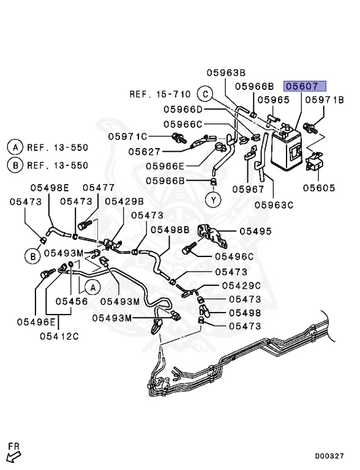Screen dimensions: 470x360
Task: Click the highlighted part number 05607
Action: point(304,86)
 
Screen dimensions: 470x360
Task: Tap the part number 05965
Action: point(272,99)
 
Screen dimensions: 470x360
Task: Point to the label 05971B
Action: point(324,99)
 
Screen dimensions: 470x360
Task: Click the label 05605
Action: point(319,188)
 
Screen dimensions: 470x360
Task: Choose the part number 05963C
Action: point(274,204)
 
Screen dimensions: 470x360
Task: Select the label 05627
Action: point(145,151)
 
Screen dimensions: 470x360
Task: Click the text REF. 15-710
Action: point(160,94)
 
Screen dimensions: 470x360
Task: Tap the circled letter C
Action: point(206,94)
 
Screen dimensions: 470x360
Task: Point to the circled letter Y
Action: point(213,200)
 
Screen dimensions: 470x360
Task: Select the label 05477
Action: point(99,187)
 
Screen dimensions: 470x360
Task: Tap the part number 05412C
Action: point(59,335)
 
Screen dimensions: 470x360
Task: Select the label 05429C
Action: point(241,285)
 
